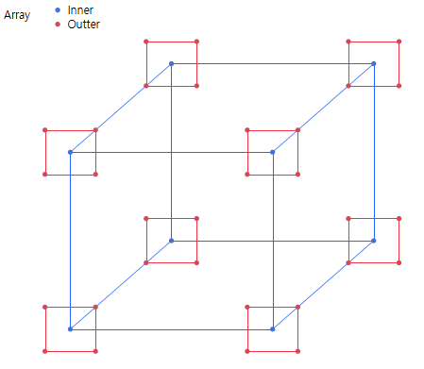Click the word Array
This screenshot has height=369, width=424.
[x=17, y=16]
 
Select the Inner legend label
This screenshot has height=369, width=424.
[x=80, y=9]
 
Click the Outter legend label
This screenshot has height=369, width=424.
[x=84, y=24]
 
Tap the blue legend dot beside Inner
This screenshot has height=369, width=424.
[x=59, y=9]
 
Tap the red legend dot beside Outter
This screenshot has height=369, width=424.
[x=59, y=24]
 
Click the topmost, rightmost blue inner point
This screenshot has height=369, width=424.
[x=374, y=63]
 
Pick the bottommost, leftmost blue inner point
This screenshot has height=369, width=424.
[x=70, y=328]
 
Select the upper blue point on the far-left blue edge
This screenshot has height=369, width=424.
[x=70, y=152]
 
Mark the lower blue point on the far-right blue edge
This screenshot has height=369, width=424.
[x=374, y=240]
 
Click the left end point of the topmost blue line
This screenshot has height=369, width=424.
[x=171, y=63]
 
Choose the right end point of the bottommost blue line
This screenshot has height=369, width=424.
[x=272, y=328]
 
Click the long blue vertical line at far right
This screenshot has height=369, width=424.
[x=374, y=151]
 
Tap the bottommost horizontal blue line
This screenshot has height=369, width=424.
[x=171, y=328]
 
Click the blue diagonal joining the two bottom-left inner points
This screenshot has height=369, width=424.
[x=121, y=284]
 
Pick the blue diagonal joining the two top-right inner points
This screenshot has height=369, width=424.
[x=323, y=108]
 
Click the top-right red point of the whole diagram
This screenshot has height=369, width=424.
[x=399, y=42]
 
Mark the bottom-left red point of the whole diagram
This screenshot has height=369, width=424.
[x=44, y=351]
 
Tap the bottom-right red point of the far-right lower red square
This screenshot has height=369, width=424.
[x=399, y=262]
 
